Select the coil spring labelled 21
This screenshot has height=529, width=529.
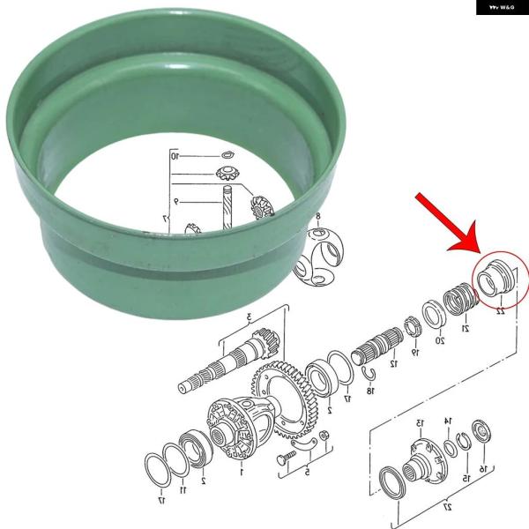click(x=456, y=299)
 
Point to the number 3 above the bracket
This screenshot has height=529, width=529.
click(x=250, y=316)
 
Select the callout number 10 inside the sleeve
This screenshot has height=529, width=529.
click(x=175, y=156)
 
